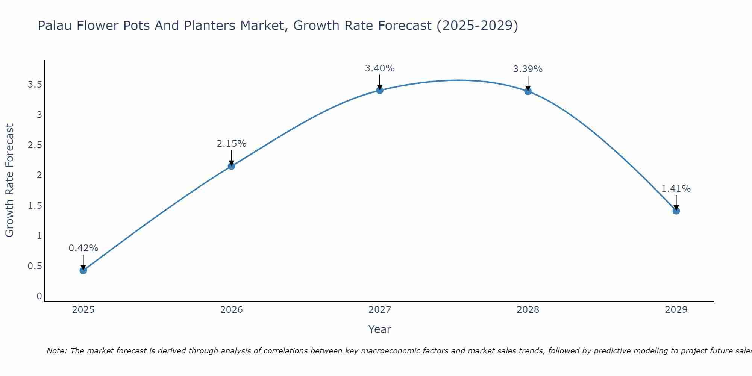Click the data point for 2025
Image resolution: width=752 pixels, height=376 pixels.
pyautogui.click(x=83, y=270)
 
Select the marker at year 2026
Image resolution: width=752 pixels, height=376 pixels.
pyautogui.click(x=232, y=166)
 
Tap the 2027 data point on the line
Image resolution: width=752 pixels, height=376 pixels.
pyautogui.click(x=380, y=90)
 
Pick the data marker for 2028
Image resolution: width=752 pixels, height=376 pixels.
pyautogui.click(x=528, y=91)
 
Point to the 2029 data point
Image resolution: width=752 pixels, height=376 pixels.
pyautogui.click(x=676, y=211)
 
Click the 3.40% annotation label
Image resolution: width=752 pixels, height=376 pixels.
pyautogui.click(x=380, y=68)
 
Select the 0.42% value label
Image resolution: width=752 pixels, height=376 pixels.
pyautogui.click(x=83, y=248)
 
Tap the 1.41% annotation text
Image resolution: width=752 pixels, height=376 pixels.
pyautogui.click(x=676, y=189)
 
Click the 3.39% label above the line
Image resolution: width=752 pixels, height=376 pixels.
pyautogui.click(x=528, y=69)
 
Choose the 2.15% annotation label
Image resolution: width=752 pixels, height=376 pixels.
pyautogui.click(x=232, y=144)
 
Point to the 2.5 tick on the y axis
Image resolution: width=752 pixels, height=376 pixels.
pyautogui.click(x=35, y=145)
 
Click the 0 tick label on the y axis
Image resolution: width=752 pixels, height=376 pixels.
pyautogui.click(x=39, y=296)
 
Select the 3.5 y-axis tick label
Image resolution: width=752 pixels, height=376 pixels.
pyautogui.click(x=35, y=85)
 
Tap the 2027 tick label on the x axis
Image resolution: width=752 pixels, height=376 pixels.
pyautogui.click(x=380, y=310)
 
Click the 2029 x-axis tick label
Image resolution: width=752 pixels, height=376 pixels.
pyautogui.click(x=676, y=310)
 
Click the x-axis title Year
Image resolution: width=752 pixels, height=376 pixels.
pyautogui.click(x=380, y=329)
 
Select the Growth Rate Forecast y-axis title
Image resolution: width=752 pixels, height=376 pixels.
pyautogui.click(x=10, y=180)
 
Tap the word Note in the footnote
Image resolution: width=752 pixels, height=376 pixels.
pyautogui.click(x=56, y=351)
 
